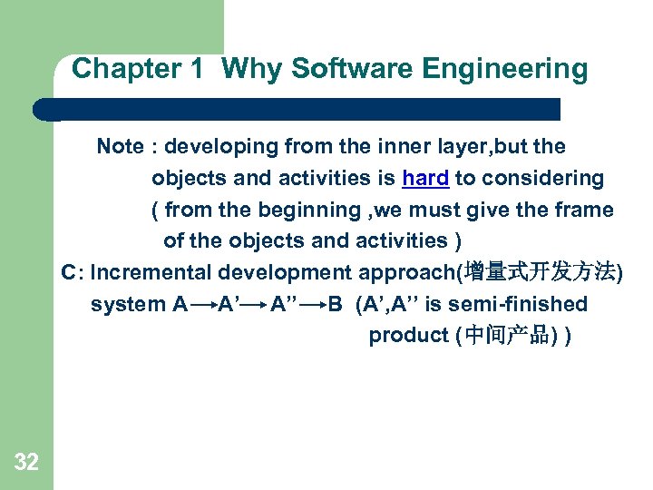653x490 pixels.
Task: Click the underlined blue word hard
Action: pos(425,178)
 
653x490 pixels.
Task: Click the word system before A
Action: pos(127,304)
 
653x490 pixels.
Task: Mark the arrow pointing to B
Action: pos(313,305)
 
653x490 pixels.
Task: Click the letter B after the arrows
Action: pos(336,304)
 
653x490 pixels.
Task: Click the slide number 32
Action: pos(26,463)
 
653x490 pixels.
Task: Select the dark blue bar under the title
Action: pos(299,110)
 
